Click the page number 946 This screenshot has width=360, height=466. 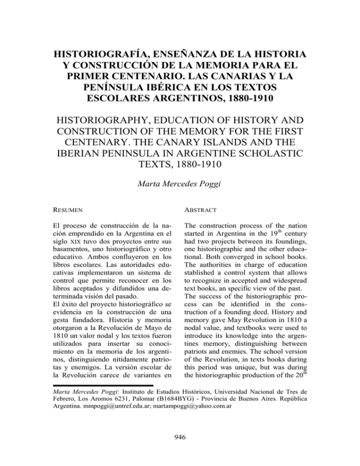coord(180,437)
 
